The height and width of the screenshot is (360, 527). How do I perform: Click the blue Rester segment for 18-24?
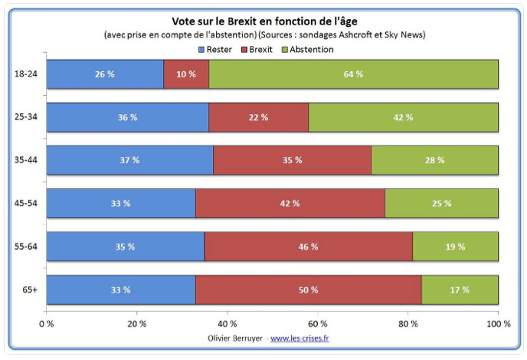[x=105, y=74]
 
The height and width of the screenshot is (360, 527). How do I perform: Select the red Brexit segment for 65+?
[x=307, y=290]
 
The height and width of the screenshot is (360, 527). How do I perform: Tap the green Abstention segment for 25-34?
[x=403, y=117]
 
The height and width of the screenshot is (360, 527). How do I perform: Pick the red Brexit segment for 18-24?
[x=186, y=74]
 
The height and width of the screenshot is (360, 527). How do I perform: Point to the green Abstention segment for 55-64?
[x=455, y=247]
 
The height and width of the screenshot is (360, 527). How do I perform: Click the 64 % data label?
[x=354, y=74]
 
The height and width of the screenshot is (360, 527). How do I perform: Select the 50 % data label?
[x=307, y=290]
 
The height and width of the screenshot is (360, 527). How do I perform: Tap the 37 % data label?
[x=129, y=161]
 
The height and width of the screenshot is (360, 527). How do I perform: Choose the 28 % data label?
[x=434, y=161]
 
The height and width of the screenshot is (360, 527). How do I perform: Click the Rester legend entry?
[x=217, y=49]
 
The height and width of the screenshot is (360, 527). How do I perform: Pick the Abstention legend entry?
[x=308, y=49]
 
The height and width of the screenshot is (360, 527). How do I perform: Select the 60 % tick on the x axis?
[x=317, y=324]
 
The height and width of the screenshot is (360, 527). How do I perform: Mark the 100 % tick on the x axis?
[x=498, y=324]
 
